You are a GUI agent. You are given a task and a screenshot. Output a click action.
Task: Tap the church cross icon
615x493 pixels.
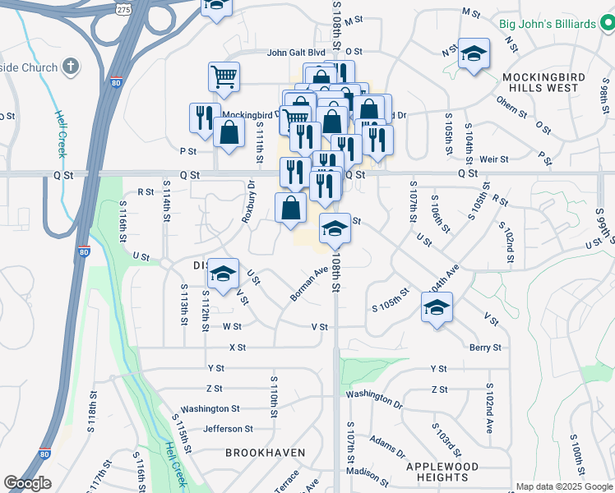pos(72,67)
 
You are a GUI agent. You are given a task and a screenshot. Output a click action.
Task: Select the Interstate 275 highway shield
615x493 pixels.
pos(123,9)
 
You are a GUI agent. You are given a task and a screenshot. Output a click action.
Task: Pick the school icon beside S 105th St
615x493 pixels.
pos(437,308)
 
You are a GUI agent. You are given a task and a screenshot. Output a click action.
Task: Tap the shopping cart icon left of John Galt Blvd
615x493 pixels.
pos(224,77)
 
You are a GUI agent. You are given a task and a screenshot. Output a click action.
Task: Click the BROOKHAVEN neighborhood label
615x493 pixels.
pos(265,453)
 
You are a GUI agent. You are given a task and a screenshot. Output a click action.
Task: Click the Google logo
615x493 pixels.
pos(27,483)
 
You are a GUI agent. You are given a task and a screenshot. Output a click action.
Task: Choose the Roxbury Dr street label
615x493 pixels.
pos(247,202)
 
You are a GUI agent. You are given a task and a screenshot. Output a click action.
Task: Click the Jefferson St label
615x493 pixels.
pos(228,428)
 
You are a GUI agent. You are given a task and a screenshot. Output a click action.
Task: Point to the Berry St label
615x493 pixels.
pos(485,348)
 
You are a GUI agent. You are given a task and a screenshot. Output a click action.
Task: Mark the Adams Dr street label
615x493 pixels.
pos(388,446)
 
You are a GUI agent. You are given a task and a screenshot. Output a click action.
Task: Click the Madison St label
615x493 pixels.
pos(368,471)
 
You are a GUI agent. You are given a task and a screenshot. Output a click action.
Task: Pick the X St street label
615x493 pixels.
pos(238,348)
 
